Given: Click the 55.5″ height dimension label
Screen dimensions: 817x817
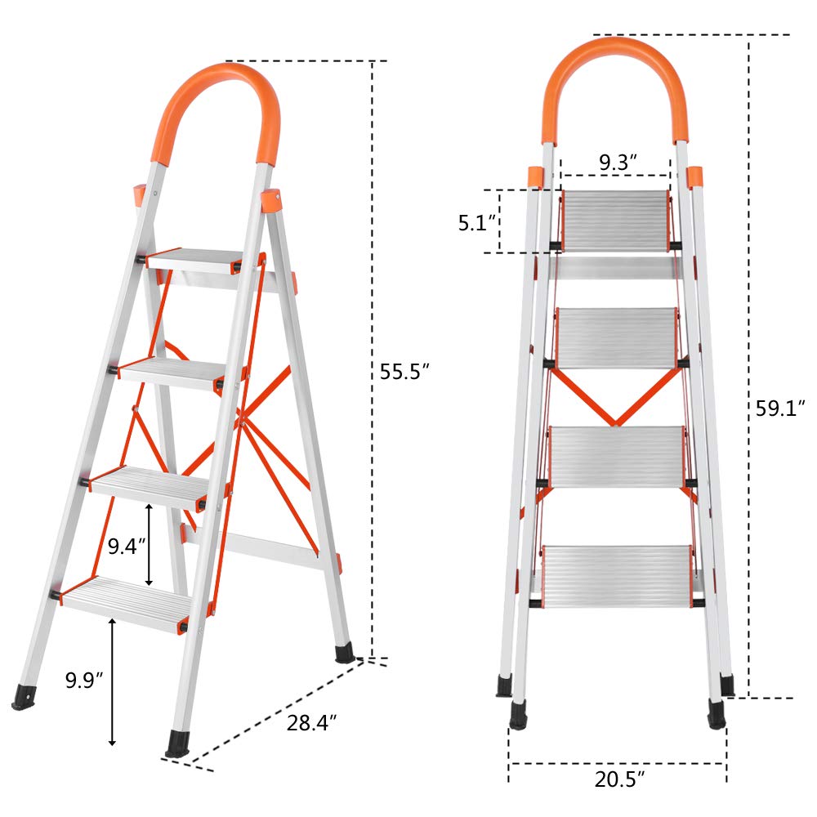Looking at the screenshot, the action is click(x=404, y=372).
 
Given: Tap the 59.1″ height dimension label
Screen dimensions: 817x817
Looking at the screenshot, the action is click(x=780, y=408).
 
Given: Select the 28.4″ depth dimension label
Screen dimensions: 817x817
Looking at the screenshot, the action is click(x=311, y=723).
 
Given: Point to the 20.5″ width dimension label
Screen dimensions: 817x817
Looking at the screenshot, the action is click(x=619, y=779).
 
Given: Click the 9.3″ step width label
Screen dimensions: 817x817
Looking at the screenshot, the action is click(x=618, y=163).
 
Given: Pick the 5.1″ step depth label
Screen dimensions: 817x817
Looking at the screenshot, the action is click(x=477, y=222).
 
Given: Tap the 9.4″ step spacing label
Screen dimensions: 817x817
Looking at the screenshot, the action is click(x=127, y=546).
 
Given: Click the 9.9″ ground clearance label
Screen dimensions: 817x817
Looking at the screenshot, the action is click(x=84, y=680).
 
